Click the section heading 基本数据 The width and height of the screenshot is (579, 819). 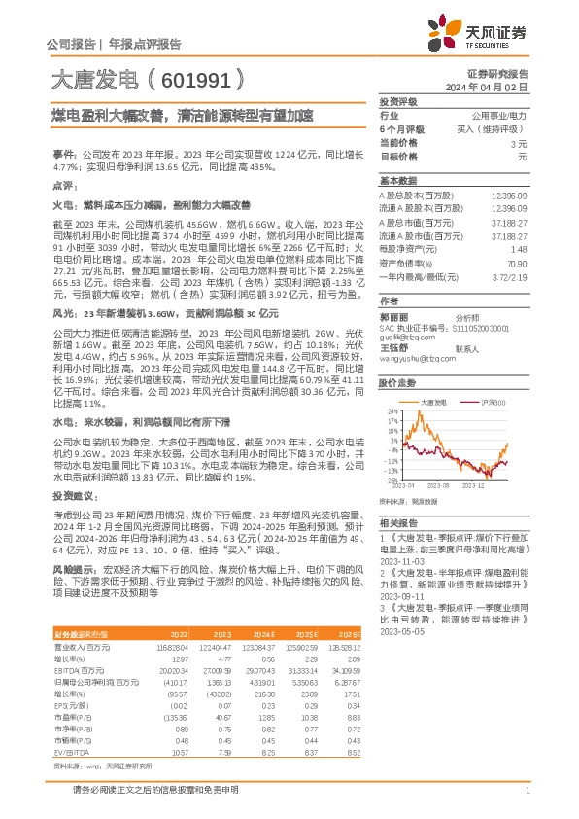(x=397, y=182)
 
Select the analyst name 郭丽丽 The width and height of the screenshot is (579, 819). (x=392, y=317)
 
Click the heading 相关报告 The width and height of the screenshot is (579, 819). (x=397, y=523)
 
